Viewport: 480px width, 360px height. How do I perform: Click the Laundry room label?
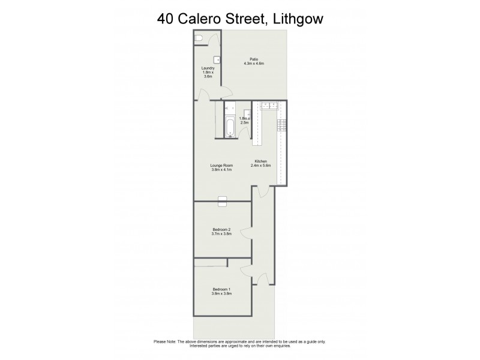[x=208, y=68]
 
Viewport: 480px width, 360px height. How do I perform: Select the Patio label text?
[x=254, y=59]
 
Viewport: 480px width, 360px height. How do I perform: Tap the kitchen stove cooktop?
[x=280, y=126]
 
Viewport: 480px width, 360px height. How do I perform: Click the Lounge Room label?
[x=222, y=166]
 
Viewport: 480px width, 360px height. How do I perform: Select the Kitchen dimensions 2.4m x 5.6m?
[x=261, y=166]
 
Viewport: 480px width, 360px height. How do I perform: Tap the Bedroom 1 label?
[x=221, y=290]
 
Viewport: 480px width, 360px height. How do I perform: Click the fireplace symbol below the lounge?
[x=222, y=201]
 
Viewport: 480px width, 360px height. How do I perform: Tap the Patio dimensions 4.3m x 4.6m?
[x=254, y=63]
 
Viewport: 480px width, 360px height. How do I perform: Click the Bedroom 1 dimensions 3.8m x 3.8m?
[x=221, y=294]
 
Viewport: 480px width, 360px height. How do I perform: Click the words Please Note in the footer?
[x=164, y=342]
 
